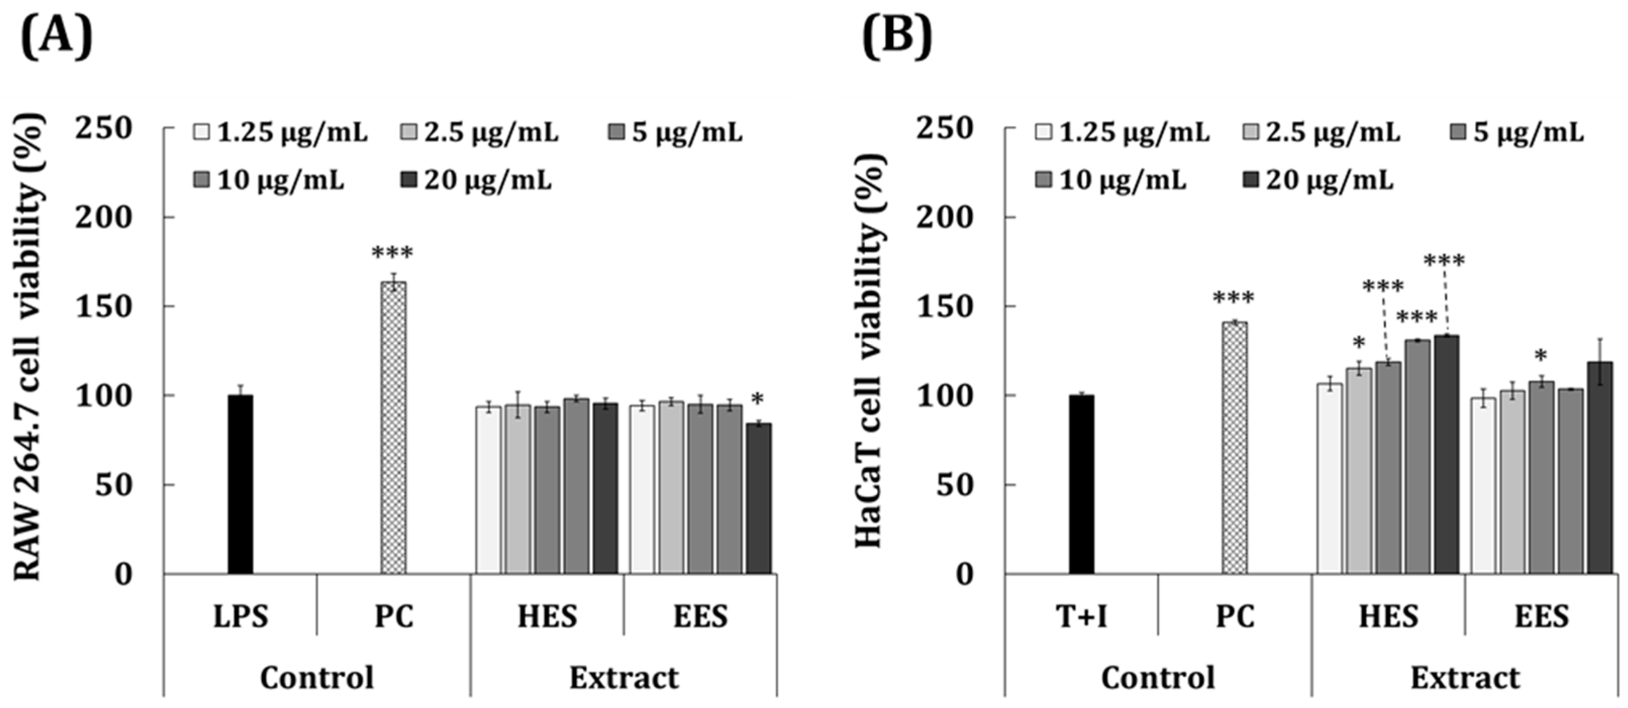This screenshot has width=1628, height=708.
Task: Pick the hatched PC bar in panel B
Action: coord(1235,448)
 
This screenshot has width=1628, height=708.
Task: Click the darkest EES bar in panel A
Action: coord(758,499)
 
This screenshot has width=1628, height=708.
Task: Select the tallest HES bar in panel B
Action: coord(1446,455)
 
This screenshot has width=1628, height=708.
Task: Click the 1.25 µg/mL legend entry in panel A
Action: coord(281,133)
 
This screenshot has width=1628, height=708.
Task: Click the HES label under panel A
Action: coord(547,616)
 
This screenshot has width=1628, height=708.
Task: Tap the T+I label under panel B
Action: coord(1081,616)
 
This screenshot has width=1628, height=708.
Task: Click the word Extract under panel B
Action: coord(1465,678)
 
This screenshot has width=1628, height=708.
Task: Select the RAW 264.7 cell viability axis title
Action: coord(28,347)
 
